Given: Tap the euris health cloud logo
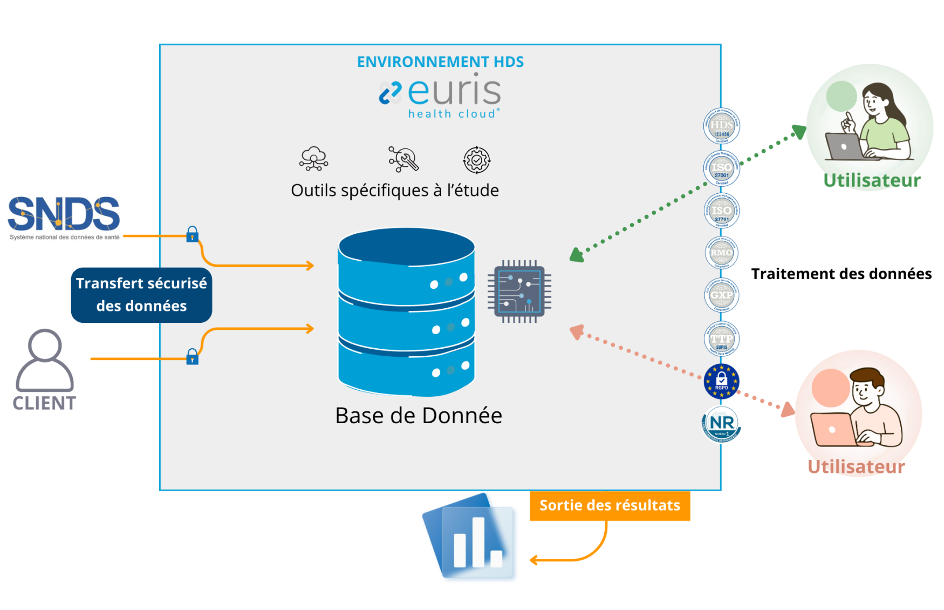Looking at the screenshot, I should click(440, 97).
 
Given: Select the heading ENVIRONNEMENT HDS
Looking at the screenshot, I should click(440, 62).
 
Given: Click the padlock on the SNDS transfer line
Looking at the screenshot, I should click(192, 235).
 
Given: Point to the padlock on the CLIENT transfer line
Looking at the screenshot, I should click(192, 357).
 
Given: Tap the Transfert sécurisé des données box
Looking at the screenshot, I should click(141, 295).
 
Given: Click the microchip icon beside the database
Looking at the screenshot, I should click(519, 292).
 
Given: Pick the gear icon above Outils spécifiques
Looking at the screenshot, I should click(476, 160).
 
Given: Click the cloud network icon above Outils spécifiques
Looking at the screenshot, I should click(314, 159).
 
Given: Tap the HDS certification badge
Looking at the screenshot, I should click(721, 126).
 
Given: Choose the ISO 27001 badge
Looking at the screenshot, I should click(721, 169).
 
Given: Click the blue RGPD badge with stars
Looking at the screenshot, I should click(721, 382).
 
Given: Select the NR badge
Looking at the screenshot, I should click(721, 424).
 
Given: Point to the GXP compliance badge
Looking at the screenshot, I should click(721, 295).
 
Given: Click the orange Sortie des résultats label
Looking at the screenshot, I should click(610, 505).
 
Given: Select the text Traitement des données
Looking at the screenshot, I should click(841, 274).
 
